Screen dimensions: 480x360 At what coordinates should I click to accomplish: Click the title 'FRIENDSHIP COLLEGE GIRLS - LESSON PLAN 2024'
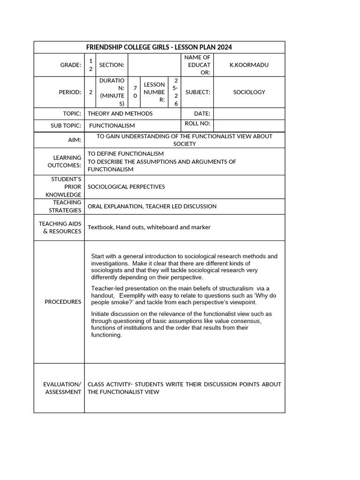[159, 47]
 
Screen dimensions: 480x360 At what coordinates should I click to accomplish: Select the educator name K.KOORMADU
[249, 65]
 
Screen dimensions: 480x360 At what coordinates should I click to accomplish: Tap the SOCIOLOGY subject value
[249, 92]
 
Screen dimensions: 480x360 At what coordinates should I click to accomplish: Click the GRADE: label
[71, 65]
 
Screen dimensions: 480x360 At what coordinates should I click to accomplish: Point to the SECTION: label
[112, 65]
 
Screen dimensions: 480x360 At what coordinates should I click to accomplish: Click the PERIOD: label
[70, 92]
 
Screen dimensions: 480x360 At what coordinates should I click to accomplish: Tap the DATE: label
[202, 113]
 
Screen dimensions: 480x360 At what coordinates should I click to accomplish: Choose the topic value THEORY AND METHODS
[120, 113]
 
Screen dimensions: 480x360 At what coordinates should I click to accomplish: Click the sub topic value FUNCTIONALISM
[112, 126]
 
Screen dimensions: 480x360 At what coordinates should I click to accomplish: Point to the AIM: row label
[75, 140]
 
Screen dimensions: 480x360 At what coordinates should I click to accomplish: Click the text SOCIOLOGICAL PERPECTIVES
[127, 187]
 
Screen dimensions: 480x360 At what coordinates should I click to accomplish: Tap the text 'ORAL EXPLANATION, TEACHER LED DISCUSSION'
[152, 206]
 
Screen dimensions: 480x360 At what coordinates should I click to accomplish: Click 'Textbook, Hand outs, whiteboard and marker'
[149, 227]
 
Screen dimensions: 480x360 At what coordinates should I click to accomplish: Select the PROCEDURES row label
[63, 302]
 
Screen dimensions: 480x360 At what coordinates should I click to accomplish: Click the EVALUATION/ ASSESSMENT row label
[63, 388]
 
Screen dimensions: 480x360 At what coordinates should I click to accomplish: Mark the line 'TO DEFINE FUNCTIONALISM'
[126, 154]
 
